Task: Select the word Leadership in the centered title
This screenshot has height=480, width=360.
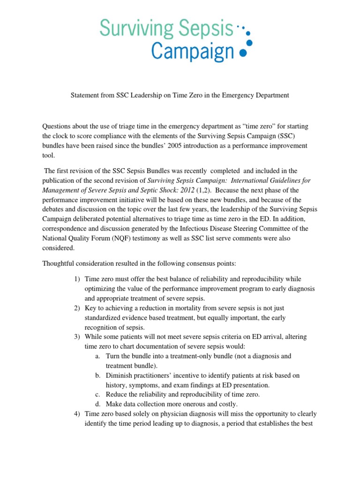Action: pyautogui.click(x=137, y=95)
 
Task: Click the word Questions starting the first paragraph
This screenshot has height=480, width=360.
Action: pyautogui.click(x=58, y=127)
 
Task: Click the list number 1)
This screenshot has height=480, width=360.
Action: pyautogui.click(x=77, y=279)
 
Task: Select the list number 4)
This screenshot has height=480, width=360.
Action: pyautogui.click(x=77, y=414)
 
